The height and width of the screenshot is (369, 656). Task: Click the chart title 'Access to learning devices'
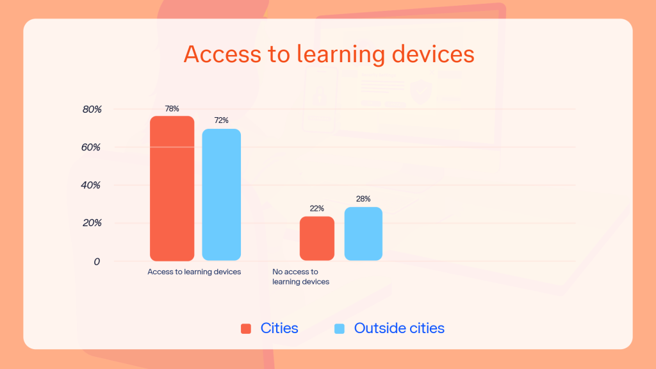(329, 54)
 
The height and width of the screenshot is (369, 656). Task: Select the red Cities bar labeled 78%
(172, 188)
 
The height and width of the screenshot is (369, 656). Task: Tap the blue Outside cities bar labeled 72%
(222, 195)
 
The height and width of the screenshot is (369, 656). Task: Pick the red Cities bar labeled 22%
(317, 238)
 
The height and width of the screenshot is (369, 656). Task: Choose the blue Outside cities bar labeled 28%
(363, 234)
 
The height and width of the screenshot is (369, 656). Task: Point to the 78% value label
(172, 109)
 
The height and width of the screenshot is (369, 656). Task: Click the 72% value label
(222, 120)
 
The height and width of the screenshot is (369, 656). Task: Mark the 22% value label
(317, 209)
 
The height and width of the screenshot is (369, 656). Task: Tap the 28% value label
(363, 199)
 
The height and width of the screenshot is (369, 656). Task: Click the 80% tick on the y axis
(92, 110)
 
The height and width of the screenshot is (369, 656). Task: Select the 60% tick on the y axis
(92, 147)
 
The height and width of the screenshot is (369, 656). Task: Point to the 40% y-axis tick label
(92, 185)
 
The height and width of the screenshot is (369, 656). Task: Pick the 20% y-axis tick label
(92, 223)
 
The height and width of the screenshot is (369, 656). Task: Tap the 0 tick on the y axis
(97, 261)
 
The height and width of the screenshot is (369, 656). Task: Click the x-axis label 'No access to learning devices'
(300, 277)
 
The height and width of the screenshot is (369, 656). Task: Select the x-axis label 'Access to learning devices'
(194, 272)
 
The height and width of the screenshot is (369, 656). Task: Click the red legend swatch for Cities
(246, 329)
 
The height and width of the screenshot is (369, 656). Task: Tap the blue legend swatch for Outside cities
(340, 329)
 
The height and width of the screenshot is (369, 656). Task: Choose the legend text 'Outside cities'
(399, 329)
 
